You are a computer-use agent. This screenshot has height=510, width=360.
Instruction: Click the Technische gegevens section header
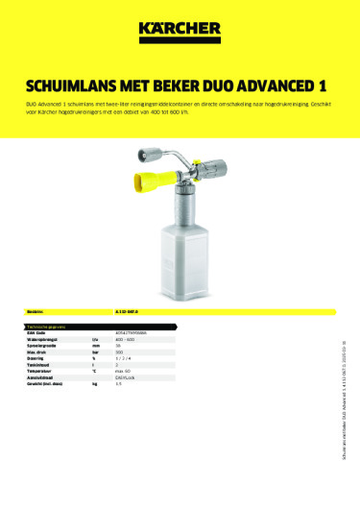coord(49,327)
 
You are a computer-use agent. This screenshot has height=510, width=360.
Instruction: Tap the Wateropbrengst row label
coord(47,340)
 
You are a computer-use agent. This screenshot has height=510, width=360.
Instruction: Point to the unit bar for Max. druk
coord(94,353)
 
